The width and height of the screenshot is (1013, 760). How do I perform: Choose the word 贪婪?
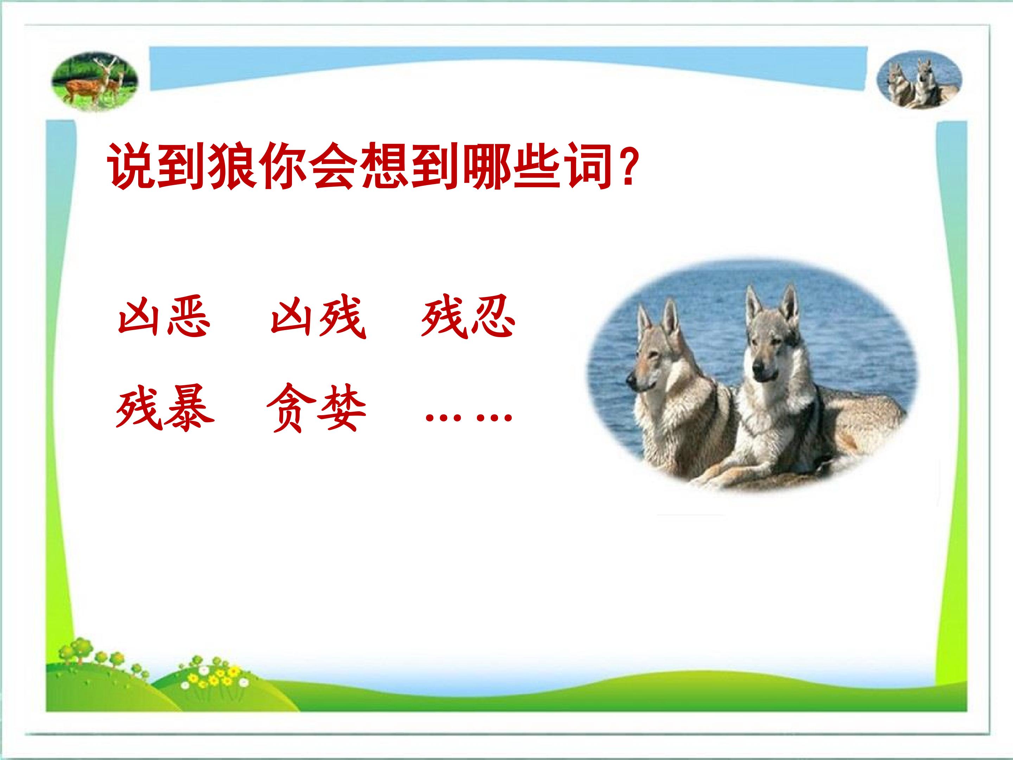point(316,408)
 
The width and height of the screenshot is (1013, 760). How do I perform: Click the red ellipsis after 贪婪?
point(469,417)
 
